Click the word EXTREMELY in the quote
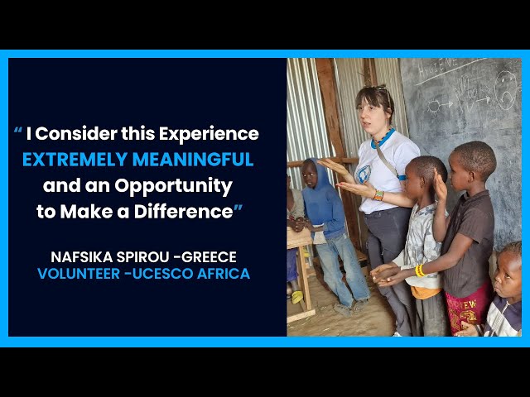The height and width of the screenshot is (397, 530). (75, 160)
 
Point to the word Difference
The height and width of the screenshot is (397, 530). (184, 212)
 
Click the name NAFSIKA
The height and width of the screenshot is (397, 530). (82, 257)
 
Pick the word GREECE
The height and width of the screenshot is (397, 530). (210, 257)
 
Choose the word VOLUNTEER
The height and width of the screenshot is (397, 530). (79, 274)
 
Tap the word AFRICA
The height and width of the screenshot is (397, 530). (224, 274)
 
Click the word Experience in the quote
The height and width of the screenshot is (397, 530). (209, 134)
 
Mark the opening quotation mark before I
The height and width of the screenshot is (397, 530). (18, 131)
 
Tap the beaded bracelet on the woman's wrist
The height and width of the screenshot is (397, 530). (378, 195)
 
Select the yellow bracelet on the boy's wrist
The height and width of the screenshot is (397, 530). (420, 270)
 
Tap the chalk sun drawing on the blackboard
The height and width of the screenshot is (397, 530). (434, 107)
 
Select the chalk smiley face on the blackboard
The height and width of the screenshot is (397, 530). (505, 90)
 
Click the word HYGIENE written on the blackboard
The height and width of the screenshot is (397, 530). (438, 66)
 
